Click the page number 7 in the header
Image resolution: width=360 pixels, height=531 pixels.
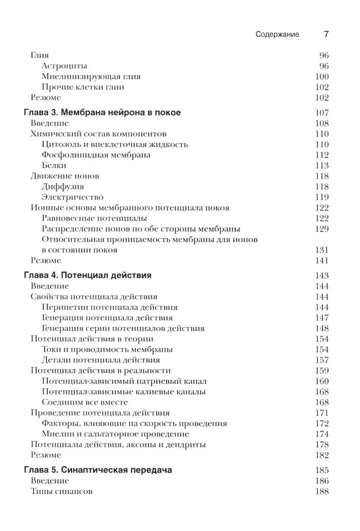(x=326, y=35)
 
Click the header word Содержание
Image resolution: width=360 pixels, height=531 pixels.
(x=277, y=35)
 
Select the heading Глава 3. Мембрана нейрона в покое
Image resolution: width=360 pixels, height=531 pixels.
(x=102, y=113)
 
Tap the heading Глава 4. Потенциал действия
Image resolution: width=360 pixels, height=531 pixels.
(x=88, y=276)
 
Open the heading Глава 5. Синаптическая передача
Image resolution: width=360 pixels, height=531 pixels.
(x=98, y=470)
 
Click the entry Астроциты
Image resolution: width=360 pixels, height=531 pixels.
(x=64, y=66)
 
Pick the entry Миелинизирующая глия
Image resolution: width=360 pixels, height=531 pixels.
(x=91, y=76)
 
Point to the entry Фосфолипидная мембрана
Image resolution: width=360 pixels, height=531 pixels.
(x=96, y=155)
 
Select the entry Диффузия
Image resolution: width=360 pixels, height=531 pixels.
(x=63, y=187)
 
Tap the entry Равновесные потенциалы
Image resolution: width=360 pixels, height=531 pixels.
(x=94, y=218)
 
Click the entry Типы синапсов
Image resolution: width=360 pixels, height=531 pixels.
(x=62, y=492)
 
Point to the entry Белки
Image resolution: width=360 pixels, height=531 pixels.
(x=54, y=166)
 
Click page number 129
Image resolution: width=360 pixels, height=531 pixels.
(x=322, y=229)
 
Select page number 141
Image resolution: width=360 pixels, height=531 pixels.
(x=322, y=261)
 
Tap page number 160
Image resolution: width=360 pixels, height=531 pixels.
(x=322, y=381)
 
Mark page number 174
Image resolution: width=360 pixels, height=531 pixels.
(x=322, y=434)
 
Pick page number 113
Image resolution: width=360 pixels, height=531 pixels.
(x=322, y=166)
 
